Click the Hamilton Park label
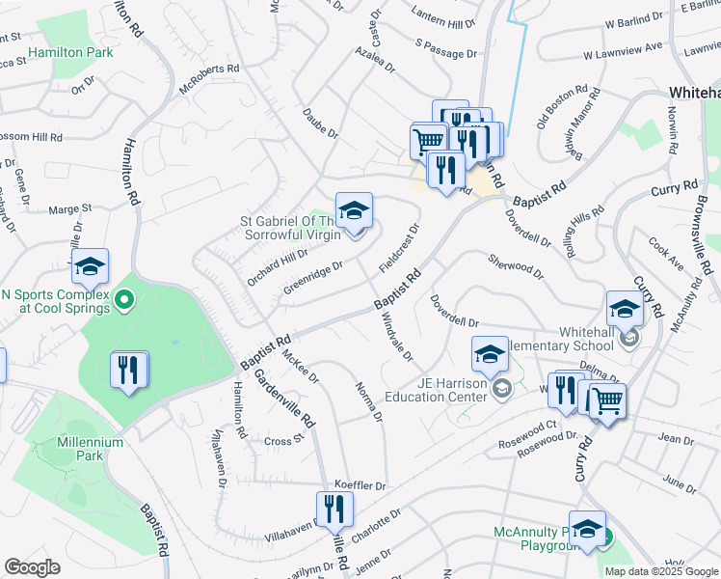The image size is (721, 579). coord(70,50)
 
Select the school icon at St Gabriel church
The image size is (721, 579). coord(354,211)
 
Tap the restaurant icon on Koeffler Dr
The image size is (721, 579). coord(334,509)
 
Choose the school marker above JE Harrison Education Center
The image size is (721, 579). coord(490,354)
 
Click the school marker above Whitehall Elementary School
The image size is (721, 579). coord(625,310)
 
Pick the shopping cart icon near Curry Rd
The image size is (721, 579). coord(607,400)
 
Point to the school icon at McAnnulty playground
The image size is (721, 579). coord(587,529)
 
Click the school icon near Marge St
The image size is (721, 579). coord(90,267)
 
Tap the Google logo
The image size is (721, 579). coord(32,566)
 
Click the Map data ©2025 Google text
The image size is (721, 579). coord(661,571)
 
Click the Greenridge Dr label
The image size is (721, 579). coord(313,277)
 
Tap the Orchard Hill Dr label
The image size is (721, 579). coord(277,261)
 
